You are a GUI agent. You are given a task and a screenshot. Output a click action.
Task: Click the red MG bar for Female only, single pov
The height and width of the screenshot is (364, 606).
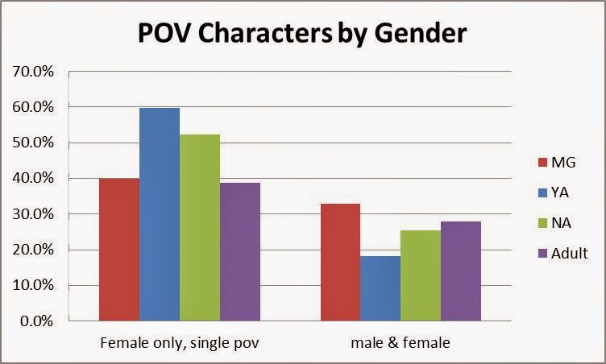118,250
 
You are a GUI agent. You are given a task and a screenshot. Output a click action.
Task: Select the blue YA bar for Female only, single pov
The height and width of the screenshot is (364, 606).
159,214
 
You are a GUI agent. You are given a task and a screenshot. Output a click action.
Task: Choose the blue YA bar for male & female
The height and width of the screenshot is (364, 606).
380,288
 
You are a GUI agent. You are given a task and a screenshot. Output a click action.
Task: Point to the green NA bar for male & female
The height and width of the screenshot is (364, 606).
421,275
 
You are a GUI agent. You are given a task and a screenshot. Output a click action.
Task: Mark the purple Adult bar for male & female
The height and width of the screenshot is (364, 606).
461,271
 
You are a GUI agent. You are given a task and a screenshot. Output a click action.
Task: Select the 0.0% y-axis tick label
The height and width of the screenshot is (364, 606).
37,321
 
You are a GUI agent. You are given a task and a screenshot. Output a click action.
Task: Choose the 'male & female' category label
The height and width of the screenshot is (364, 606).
401,343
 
